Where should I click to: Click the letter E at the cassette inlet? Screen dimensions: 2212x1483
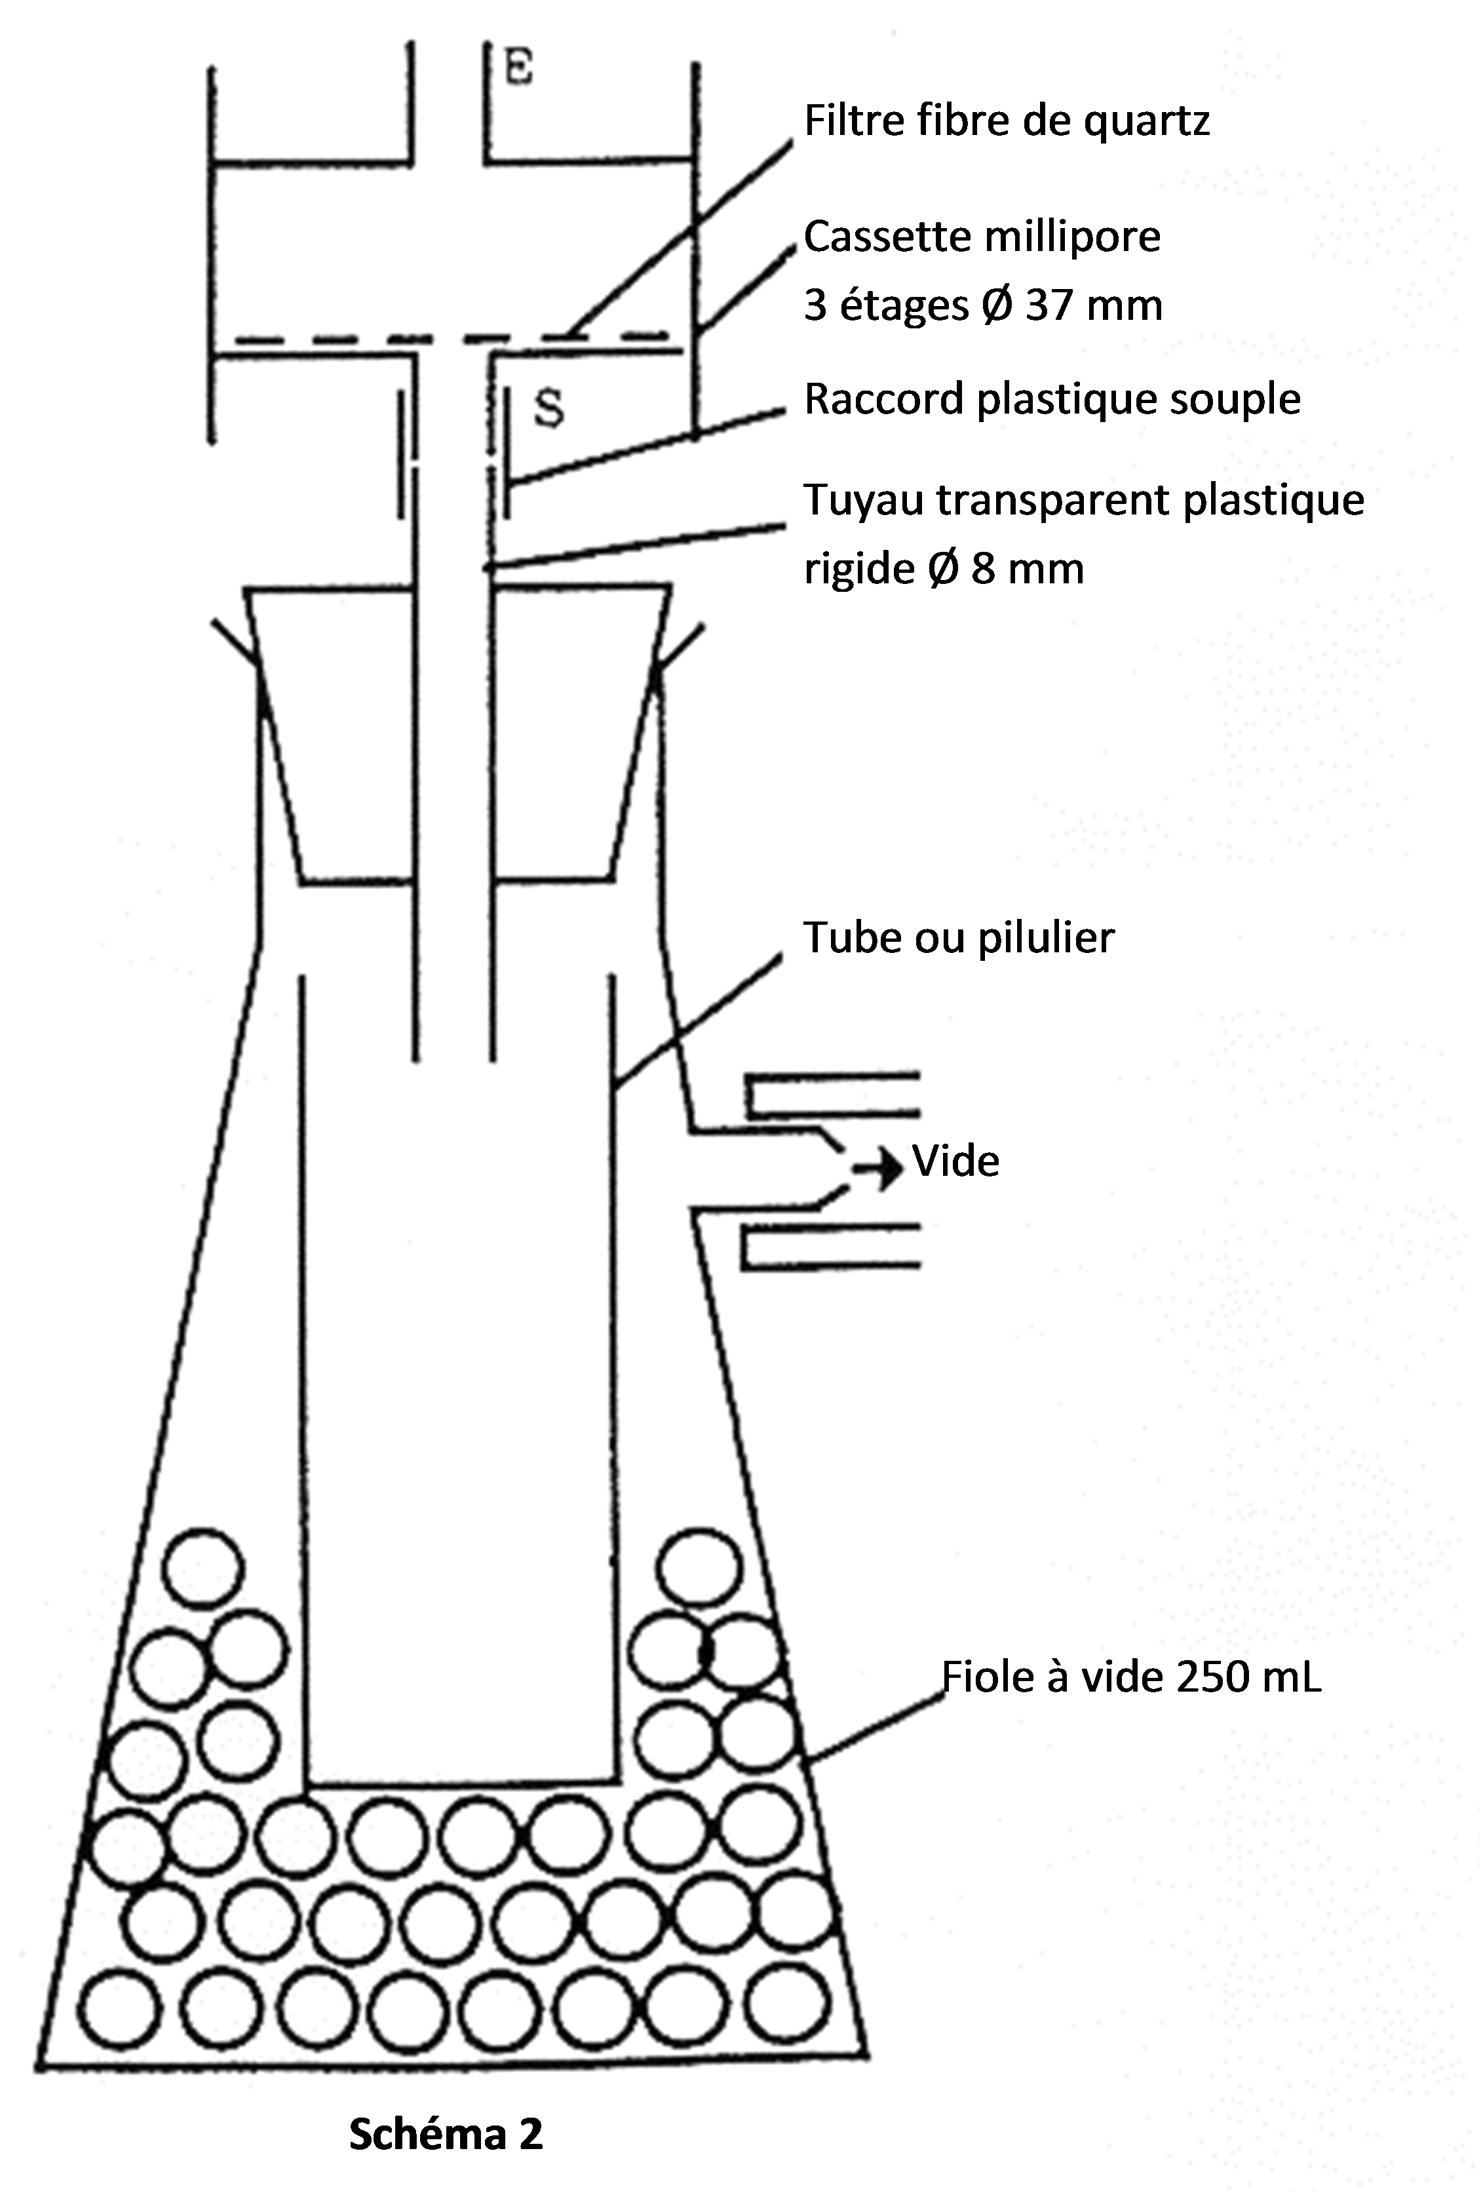(519, 69)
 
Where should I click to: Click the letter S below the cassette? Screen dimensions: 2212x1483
(549, 408)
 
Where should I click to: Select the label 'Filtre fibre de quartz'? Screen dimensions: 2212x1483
(1007, 122)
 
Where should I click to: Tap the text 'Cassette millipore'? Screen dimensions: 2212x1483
(982, 237)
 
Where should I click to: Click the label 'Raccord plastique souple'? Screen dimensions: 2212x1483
(1052, 399)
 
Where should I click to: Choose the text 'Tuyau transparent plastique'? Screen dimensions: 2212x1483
(1084, 499)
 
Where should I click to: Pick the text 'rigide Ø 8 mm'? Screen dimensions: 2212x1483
(944, 568)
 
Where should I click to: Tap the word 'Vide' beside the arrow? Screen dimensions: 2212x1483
(955, 1161)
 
